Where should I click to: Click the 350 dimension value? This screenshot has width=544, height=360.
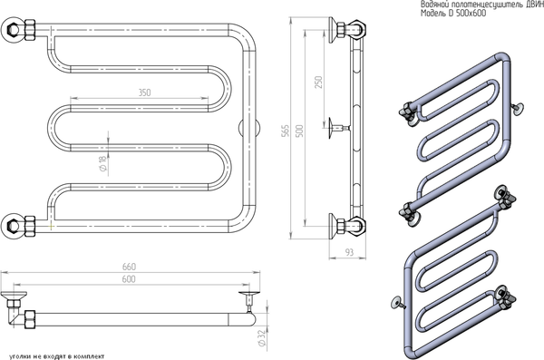pyautogui.click(x=145, y=92)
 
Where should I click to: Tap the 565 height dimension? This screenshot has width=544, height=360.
pyautogui.click(x=285, y=131)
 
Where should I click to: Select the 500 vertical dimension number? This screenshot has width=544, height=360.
pyautogui.click(x=299, y=131)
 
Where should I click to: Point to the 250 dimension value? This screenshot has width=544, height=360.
pyautogui.click(x=318, y=82)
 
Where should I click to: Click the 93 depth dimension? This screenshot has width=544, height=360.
pyautogui.click(x=349, y=252)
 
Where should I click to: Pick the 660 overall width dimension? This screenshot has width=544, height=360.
pyautogui.click(x=129, y=267)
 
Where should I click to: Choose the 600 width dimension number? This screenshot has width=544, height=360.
pyautogui.click(x=129, y=279)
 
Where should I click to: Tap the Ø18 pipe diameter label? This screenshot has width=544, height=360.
pyautogui.click(x=103, y=163)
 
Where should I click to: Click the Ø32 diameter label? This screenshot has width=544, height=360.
pyautogui.click(x=262, y=337)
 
